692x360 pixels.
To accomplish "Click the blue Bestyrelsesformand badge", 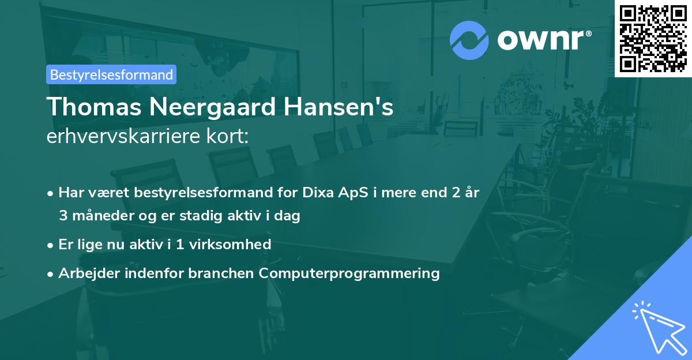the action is pyautogui.click(x=111, y=74).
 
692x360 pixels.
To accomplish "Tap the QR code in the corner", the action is pyautogui.click(x=653, y=38).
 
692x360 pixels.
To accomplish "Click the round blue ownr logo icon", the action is pyautogui.click(x=469, y=40).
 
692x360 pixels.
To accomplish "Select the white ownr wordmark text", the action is pyautogui.click(x=540, y=40).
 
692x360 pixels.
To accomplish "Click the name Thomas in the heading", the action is pyautogui.click(x=94, y=107).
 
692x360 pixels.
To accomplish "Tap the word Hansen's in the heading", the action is pyautogui.click(x=339, y=107).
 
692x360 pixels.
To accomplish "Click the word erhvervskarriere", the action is pyautogui.click(x=123, y=136).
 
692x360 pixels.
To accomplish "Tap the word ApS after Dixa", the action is pyautogui.click(x=353, y=193).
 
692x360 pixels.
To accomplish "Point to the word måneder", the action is pyautogui.click(x=103, y=215).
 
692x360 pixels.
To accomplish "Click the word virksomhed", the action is pyautogui.click(x=230, y=245).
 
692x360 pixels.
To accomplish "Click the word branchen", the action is pyautogui.click(x=221, y=273).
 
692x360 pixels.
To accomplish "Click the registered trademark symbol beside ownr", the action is pyautogui.click(x=588, y=33).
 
